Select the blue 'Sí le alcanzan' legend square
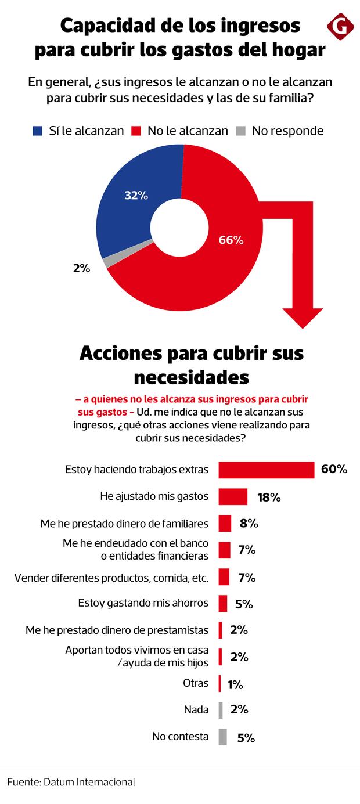point(38,131)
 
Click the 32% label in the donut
point(136,196)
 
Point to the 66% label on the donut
point(231,240)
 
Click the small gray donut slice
point(106,262)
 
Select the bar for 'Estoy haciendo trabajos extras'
point(266,470)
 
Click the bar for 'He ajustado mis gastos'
point(233,497)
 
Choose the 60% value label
point(334,469)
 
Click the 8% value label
point(248,524)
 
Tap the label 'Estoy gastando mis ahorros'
point(143,603)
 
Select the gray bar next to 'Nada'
point(221,710)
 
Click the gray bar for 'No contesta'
point(222,737)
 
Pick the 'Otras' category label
point(195,683)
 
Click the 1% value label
point(235,685)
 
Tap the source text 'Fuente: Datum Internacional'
point(71,782)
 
